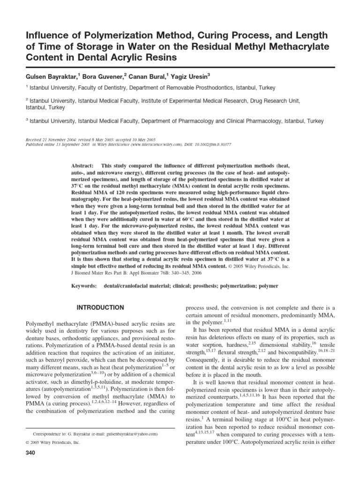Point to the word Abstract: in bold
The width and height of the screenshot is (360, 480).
[x=83, y=166]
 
